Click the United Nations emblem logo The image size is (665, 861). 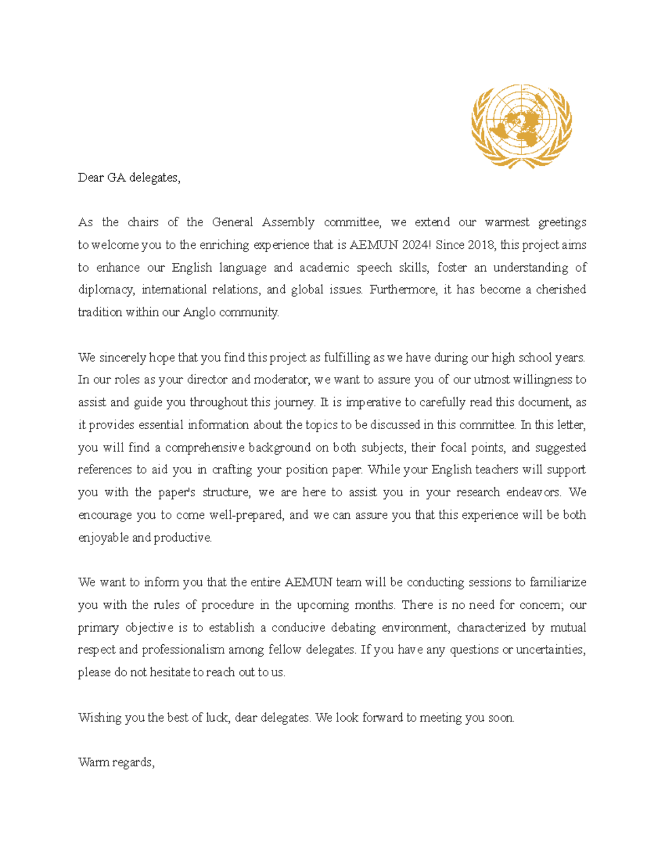521,126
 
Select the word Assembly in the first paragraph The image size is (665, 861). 288,223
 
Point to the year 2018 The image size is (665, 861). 482,245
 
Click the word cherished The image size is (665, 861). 560,290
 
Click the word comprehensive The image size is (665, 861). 204,448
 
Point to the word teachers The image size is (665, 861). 488,470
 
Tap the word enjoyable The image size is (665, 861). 103,538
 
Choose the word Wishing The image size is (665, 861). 100,718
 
